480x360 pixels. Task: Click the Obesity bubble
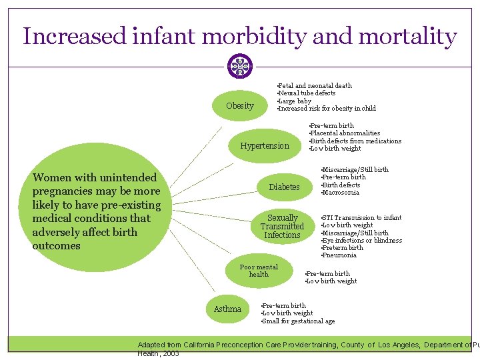[x=240, y=105]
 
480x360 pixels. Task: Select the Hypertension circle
[x=265, y=145]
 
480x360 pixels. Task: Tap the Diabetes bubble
[x=284, y=187]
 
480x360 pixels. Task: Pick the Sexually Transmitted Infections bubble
[x=282, y=227]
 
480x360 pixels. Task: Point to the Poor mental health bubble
[x=259, y=271]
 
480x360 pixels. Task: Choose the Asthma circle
[x=227, y=309]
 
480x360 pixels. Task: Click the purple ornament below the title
[x=239, y=67]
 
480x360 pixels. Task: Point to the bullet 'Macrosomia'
[x=341, y=193]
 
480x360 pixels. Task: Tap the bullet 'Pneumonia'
[x=339, y=255]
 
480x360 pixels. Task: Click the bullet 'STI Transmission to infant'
[x=362, y=218]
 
